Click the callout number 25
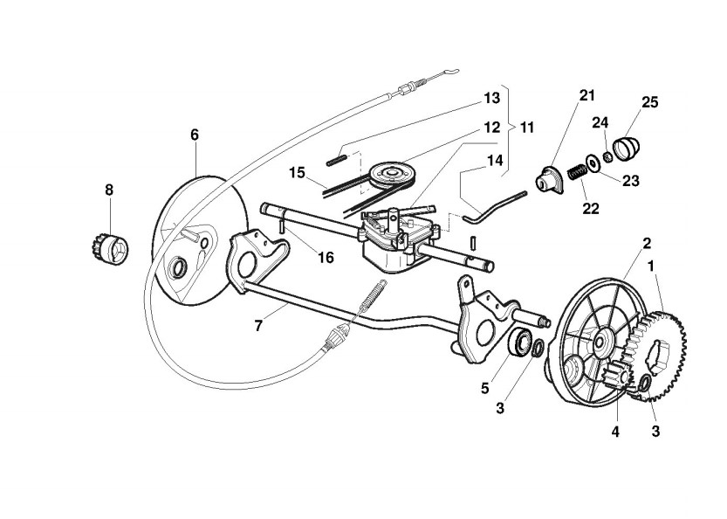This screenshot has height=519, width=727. click(x=649, y=102)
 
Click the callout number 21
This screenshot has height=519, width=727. click(x=586, y=94)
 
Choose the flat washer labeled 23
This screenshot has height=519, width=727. click(x=593, y=162)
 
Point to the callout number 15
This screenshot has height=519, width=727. click(x=297, y=172)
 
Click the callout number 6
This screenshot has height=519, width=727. click(x=195, y=135)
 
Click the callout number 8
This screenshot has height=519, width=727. click(x=109, y=189)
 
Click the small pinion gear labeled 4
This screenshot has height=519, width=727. click(x=614, y=379)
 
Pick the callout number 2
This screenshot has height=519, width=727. click(x=647, y=242)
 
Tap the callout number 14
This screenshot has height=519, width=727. click(x=495, y=161)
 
